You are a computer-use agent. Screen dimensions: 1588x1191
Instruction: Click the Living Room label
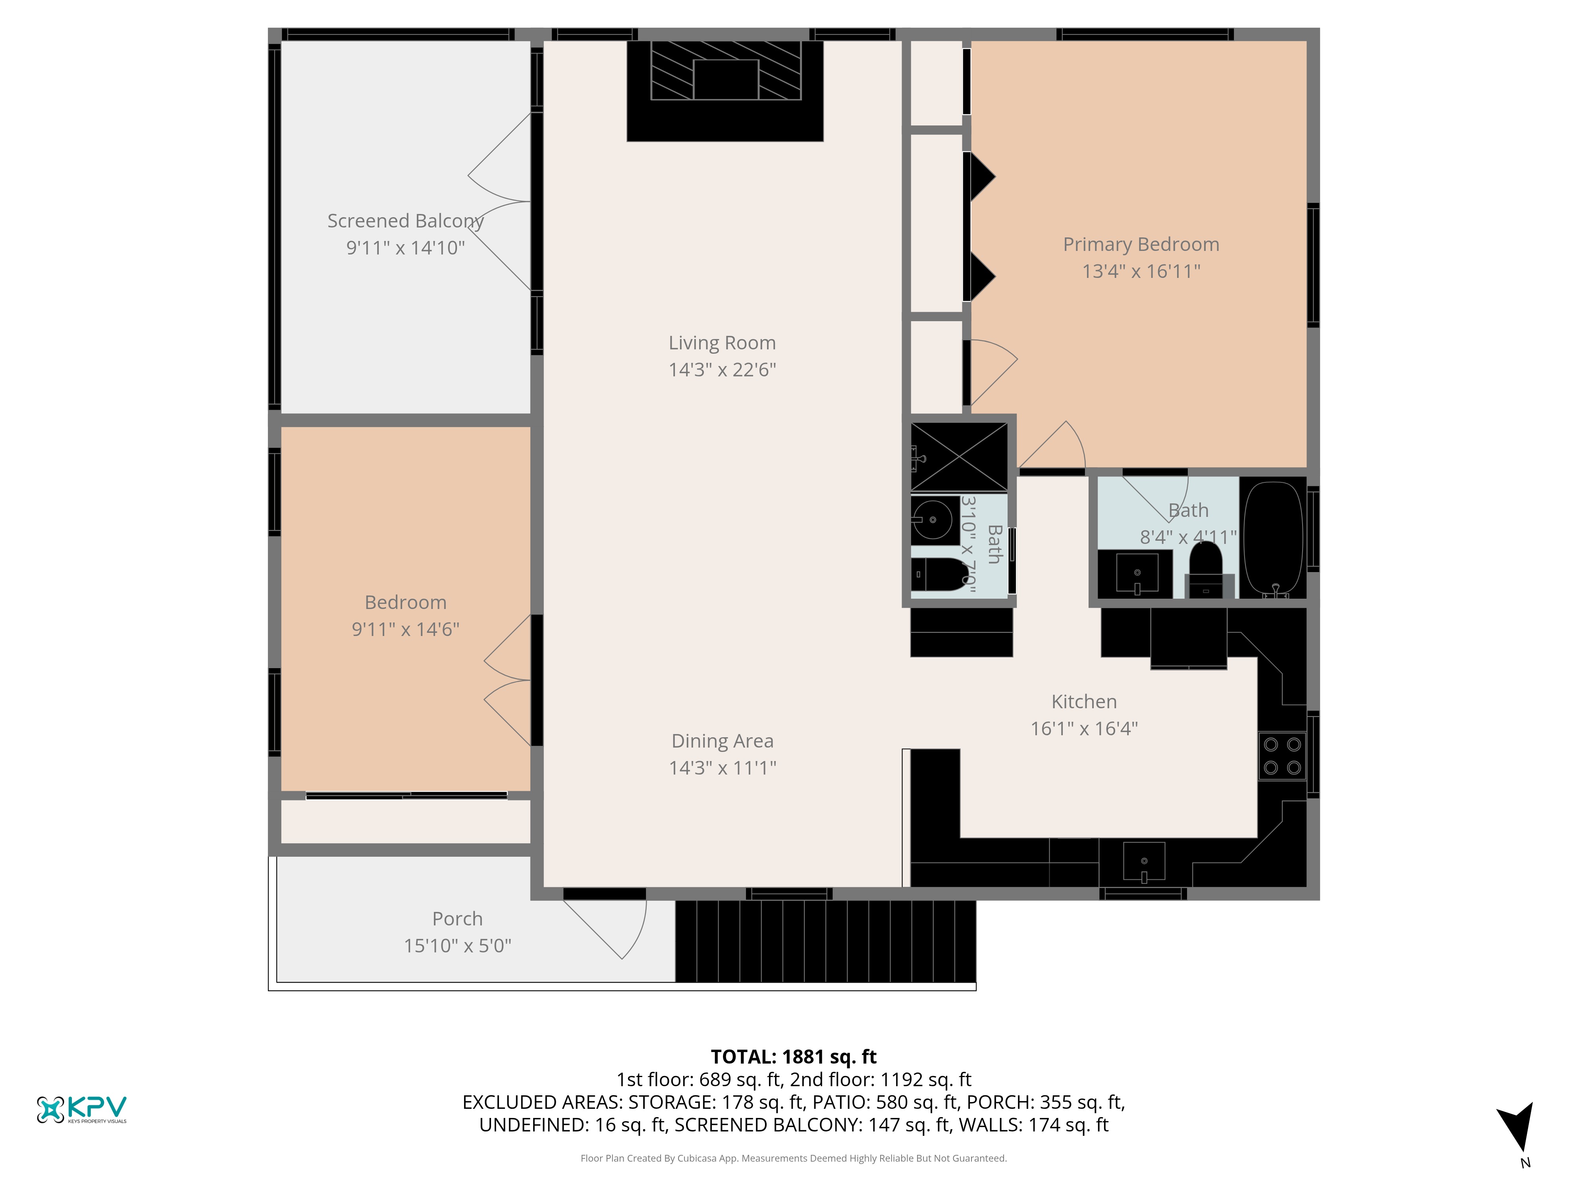722,343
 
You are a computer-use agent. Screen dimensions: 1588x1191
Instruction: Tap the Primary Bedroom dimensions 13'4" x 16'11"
1141,272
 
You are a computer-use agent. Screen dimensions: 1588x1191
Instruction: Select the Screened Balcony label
406,221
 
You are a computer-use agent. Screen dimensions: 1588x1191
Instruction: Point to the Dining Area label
722,741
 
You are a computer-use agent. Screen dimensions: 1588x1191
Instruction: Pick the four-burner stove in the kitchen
1282,756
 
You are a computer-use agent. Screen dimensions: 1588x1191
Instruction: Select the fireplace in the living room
725,91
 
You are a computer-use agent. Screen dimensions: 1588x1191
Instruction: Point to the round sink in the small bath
932,519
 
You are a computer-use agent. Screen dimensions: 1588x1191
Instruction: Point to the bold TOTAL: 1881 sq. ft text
793,1057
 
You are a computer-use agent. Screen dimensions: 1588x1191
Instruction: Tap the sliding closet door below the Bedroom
407,796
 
